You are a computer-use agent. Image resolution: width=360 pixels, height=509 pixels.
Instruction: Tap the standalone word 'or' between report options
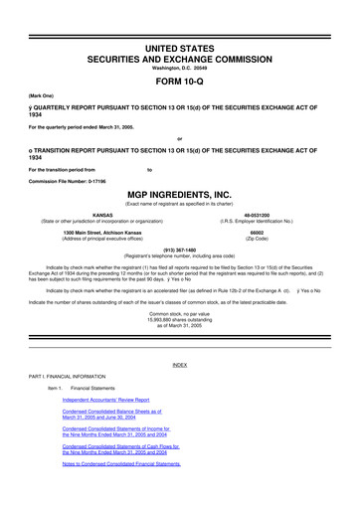[x=179, y=137]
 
